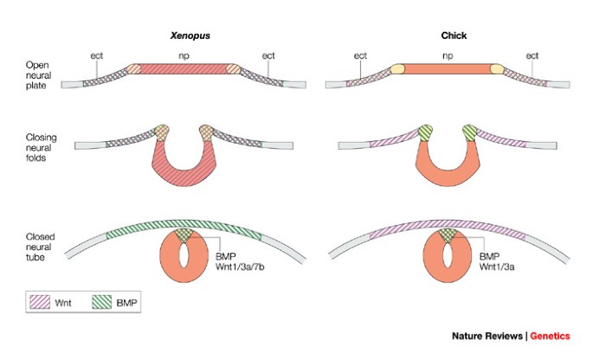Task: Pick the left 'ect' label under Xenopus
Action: [97, 56]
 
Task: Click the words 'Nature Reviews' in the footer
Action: [488, 336]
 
